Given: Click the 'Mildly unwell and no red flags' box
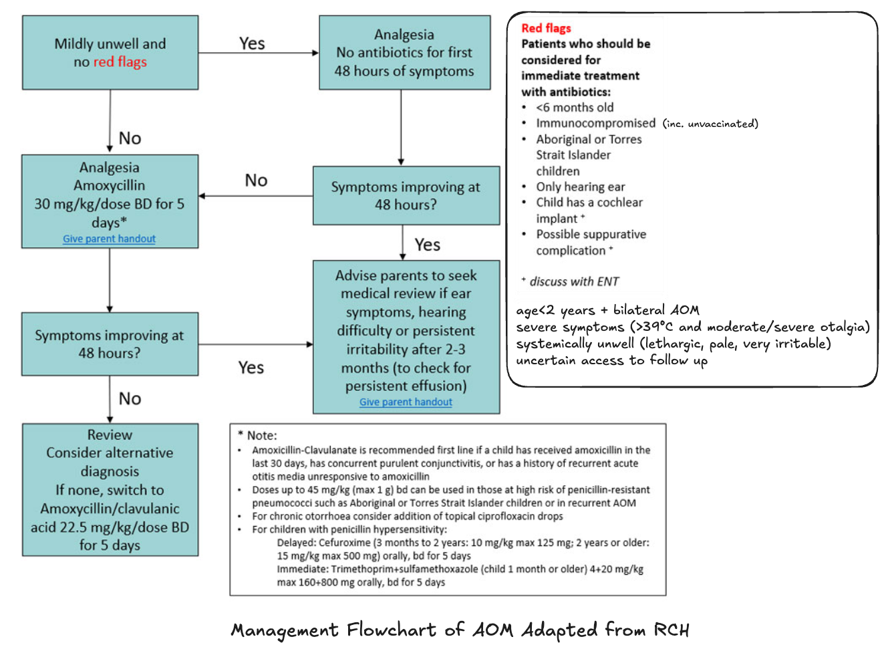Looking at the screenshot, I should tap(110, 53).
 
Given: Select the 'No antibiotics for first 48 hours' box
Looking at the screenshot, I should tap(404, 53).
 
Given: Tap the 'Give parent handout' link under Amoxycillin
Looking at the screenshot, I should tap(109, 239).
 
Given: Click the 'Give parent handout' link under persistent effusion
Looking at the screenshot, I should tap(406, 402).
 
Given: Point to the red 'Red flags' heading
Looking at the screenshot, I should tap(546, 28).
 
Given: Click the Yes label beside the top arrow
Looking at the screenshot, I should tap(252, 43).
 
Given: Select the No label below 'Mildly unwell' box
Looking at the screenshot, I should tap(130, 138).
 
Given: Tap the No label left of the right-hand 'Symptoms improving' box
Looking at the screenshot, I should tap(256, 180).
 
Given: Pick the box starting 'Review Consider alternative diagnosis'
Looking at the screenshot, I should tap(110, 490).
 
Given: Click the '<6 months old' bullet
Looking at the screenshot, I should tap(575, 108).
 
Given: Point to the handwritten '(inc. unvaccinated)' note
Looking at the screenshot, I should tap(710, 124).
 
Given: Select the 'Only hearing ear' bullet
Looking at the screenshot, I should tap(580, 187).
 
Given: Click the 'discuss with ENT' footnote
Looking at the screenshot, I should tap(574, 281).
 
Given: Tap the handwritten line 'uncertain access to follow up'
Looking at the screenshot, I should tap(611, 360).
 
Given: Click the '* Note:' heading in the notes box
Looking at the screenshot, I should tap(257, 435).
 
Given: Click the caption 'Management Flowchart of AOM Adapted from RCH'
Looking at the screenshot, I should tap(460, 630).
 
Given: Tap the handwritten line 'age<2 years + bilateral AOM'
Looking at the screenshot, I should tap(607, 310).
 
